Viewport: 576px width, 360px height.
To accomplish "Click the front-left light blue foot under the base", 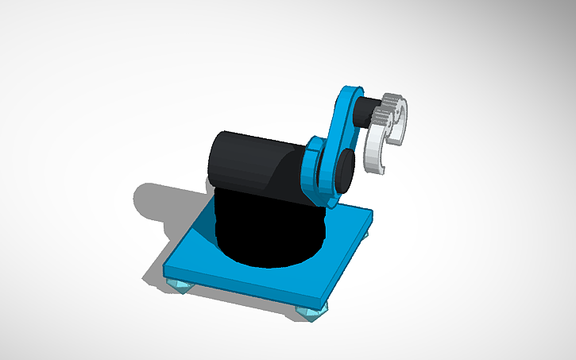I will pyautogui.click(x=180, y=285).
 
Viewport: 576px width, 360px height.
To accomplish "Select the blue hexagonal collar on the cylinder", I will pyautogui.click(x=311, y=171).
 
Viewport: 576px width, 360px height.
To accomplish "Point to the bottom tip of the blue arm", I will pyautogui.click(x=327, y=203).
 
